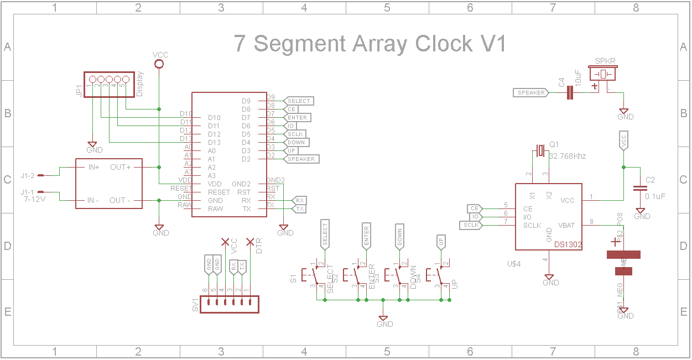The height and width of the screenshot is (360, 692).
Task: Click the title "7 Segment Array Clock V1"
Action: coord(370,44)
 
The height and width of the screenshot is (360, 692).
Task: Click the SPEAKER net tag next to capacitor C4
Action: coord(531,93)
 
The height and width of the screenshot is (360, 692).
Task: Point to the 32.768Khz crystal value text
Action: coord(567,156)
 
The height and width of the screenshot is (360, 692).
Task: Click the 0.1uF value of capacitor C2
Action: coord(655,196)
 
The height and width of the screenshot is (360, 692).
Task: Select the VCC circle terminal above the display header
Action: coord(159,64)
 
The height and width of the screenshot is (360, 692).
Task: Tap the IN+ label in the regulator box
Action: coord(90,167)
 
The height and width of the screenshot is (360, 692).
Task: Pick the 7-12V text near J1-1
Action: coord(34,200)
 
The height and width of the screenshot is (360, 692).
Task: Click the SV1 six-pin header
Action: coord(229,302)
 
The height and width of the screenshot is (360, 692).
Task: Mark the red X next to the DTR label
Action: coord(250,242)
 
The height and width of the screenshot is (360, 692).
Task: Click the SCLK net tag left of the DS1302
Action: coord(471,225)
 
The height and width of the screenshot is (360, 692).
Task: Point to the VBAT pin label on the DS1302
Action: coord(566,225)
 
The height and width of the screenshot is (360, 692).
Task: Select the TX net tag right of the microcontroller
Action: coord(299,209)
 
